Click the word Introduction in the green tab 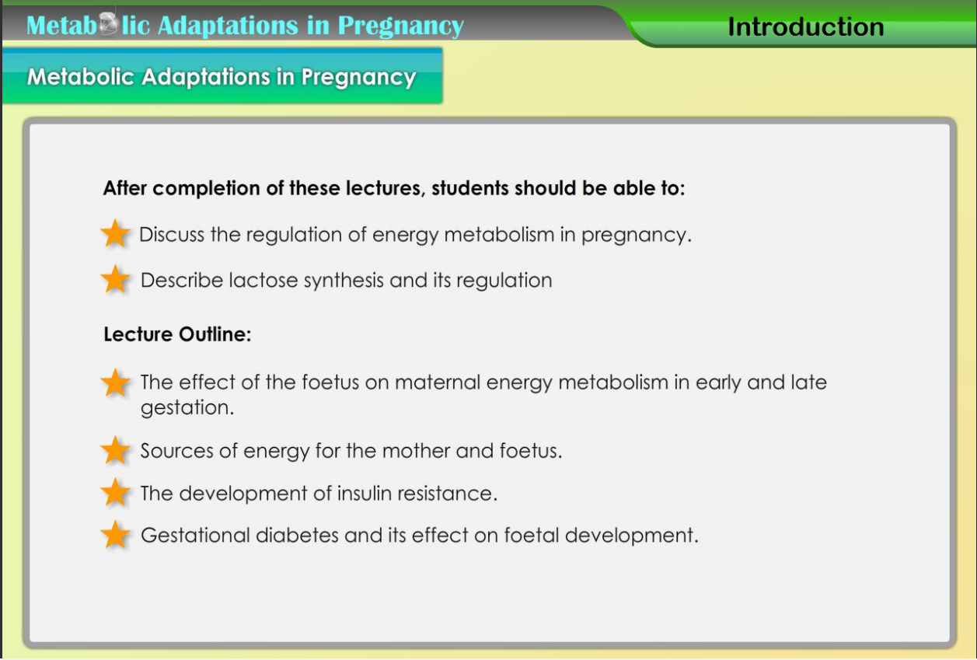click(806, 26)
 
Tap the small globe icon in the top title click(108, 23)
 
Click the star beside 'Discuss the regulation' click(115, 233)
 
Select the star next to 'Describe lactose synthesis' click(115, 279)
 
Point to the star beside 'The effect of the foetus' click(115, 382)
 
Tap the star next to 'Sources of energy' click(115, 450)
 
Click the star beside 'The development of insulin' click(115, 492)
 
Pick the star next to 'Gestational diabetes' click(115, 534)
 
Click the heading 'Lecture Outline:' click(177, 334)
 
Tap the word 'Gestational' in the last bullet click(195, 536)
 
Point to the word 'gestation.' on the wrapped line click(187, 408)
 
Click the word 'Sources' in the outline click(176, 451)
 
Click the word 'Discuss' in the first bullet click(172, 235)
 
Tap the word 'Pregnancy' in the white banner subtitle click(358, 78)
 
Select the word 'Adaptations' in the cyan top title click(228, 25)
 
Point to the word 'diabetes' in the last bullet click(297, 536)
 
